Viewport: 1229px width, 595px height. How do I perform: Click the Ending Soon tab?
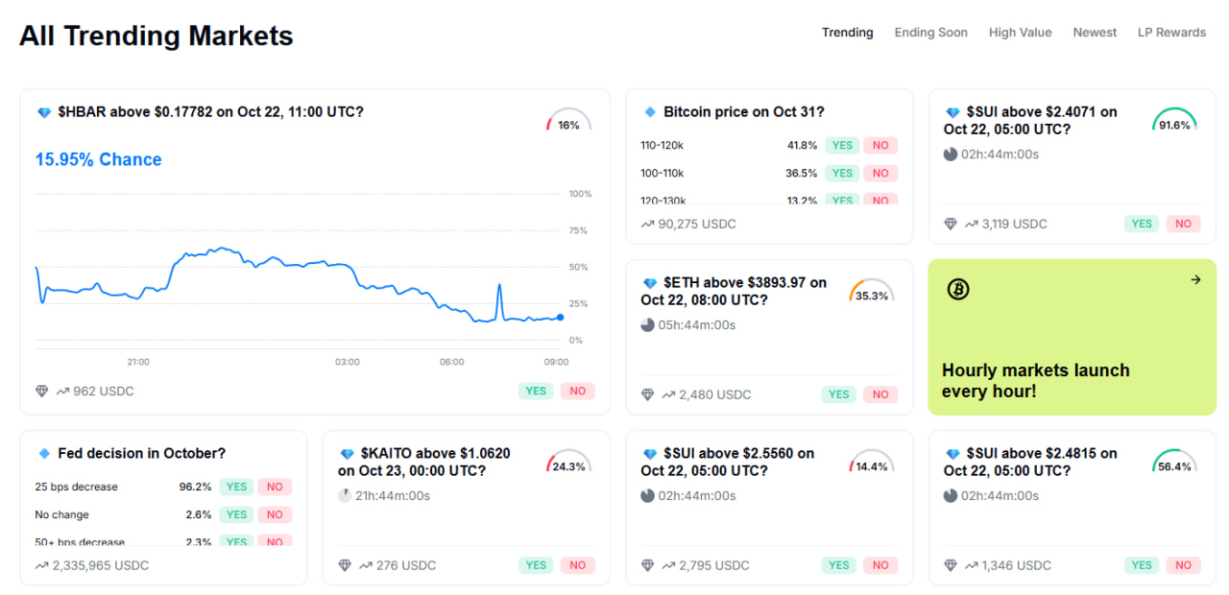click(x=930, y=33)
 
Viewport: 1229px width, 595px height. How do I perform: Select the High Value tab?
click(x=1020, y=33)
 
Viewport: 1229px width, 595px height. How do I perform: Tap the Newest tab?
click(x=1095, y=33)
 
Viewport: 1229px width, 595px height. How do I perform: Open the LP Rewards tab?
click(x=1171, y=33)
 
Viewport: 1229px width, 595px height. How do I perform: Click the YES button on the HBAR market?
click(x=535, y=391)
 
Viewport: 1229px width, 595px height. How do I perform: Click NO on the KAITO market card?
click(x=577, y=565)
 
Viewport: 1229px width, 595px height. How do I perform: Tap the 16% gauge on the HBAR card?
click(x=568, y=122)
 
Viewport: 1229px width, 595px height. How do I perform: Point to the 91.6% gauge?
click(x=1174, y=122)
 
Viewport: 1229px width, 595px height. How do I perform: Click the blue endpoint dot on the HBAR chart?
click(x=560, y=317)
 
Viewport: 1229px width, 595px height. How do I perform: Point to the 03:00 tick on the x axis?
click(x=348, y=362)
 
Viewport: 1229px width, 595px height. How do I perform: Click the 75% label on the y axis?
click(x=579, y=230)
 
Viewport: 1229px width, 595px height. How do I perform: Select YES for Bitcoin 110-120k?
click(x=842, y=146)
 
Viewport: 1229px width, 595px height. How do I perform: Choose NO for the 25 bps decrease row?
click(x=275, y=487)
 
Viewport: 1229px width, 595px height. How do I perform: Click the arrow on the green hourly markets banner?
click(x=1195, y=279)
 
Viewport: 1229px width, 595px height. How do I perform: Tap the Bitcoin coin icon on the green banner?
click(x=957, y=289)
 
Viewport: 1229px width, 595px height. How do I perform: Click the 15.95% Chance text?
click(x=98, y=159)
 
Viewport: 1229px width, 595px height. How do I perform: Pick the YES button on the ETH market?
click(x=838, y=394)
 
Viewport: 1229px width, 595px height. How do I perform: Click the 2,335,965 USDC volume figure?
click(x=101, y=565)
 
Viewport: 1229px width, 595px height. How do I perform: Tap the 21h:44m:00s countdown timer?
click(x=393, y=496)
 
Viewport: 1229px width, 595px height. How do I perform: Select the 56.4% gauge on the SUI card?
click(x=1174, y=464)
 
